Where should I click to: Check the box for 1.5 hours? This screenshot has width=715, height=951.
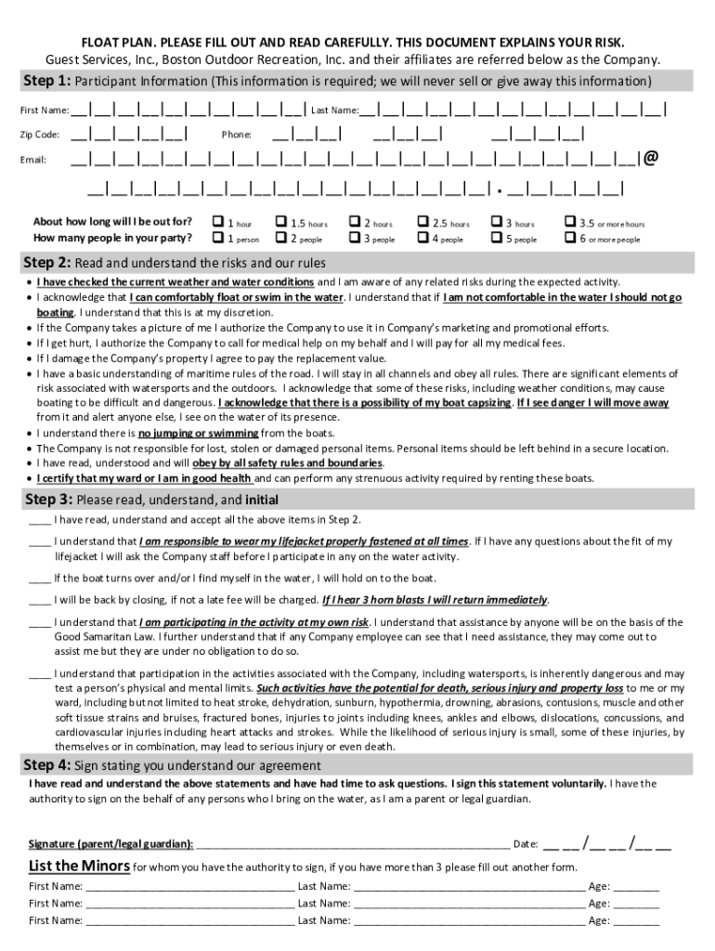(x=281, y=223)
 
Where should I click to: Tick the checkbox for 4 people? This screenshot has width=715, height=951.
(x=423, y=239)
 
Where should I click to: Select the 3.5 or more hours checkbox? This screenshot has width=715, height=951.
(x=569, y=223)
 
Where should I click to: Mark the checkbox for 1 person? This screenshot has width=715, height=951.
(x=217, y=239)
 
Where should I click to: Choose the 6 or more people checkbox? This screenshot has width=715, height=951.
(x=569, y=239)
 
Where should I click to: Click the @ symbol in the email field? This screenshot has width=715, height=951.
(x=651, y=158)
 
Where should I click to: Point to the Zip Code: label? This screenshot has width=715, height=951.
(x=41, y=135)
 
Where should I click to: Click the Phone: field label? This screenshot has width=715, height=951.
(x=237, y=135)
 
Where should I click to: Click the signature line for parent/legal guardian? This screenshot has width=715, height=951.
(x=353, y=843)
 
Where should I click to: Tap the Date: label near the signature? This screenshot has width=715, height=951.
(x=526, y=844)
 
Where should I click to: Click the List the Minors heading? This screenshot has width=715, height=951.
(x=79, y=866)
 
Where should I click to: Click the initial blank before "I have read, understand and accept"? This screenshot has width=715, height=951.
(x=39, y=519)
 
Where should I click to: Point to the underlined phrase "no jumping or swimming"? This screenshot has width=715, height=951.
(x=198, y=434)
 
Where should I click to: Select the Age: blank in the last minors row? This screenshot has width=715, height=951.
(x=636, y=920)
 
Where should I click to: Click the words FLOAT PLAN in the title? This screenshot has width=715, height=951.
(x=115, y=44)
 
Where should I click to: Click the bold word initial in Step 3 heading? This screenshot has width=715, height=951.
(x=261, y=499)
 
